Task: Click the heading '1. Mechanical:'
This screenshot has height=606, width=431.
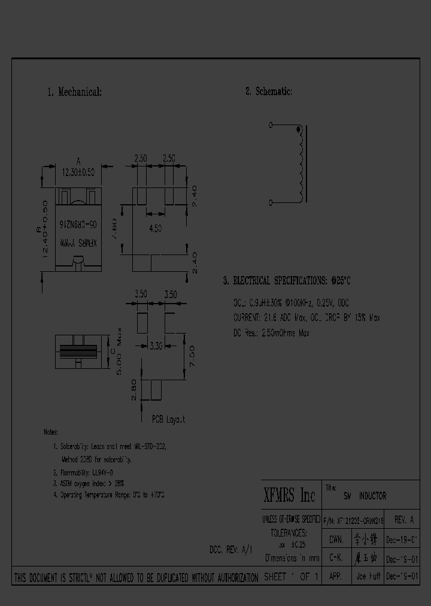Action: (74, 92)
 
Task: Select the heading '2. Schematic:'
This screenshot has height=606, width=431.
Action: (268, 92)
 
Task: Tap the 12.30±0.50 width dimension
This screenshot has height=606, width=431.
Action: (78, 172)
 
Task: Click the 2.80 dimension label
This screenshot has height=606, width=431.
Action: (133, 390)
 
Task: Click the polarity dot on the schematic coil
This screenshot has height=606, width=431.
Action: (299, 130)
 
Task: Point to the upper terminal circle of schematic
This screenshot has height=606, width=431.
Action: (271, 125)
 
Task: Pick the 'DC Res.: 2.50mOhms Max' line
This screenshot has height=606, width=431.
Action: (271, 333)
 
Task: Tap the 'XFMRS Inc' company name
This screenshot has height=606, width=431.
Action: (289, 495)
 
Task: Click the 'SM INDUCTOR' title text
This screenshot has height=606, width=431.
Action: (365, 496)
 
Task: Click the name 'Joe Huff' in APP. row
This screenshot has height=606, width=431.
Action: (366, 577)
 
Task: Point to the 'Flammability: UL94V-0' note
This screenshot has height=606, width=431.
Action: (83, 472)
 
